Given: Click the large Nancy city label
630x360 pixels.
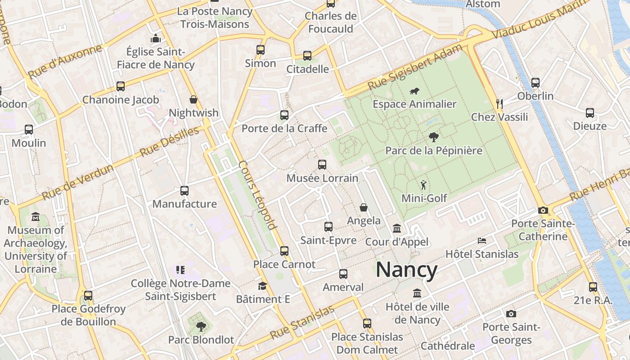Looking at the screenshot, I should tap(406, 270).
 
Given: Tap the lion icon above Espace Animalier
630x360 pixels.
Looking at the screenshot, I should tap(414, 91).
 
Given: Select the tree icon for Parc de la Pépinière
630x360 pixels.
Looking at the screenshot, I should tap(434, 137).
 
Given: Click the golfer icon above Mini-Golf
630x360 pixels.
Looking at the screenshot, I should tap(423, 184).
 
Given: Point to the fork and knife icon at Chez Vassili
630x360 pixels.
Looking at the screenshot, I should tap(499, 104).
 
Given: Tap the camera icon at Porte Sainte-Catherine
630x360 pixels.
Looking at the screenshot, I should tap(543, 210).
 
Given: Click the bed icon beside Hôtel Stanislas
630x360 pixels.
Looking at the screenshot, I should tap(482, 241).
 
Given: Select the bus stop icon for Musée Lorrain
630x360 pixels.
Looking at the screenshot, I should tap(322, 165).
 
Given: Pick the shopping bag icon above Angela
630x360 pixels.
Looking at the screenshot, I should tap(364, 207).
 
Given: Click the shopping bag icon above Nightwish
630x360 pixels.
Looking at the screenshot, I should tap(193, 99).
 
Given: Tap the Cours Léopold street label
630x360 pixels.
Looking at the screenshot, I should tap(257, 195).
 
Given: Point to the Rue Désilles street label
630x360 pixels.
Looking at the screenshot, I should tap(169, 142).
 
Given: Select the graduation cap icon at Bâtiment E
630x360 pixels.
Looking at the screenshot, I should tap(262, 286).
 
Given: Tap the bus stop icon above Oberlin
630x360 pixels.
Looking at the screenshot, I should tap(535, 83).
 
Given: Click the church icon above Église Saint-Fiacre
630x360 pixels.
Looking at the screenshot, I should tap(156, 38).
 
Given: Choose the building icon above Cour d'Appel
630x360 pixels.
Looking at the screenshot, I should tap(397, 229).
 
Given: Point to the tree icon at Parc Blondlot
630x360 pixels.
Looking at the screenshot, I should tap(201, 326).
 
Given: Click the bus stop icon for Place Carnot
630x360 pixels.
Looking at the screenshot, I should tap(284, 251).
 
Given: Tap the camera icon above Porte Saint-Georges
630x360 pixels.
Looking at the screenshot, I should tap(511, 314).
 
